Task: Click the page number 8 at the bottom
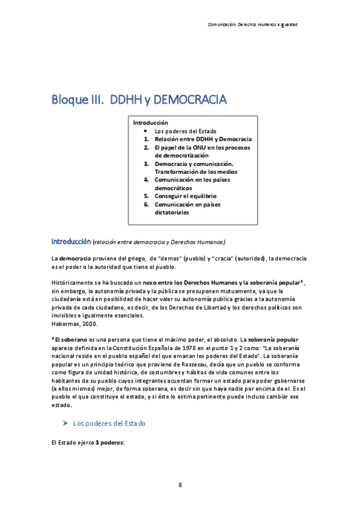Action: tap(180, 485)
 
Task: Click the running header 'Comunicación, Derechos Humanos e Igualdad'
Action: tap(252, 25)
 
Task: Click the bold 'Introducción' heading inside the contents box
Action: tap(150, 122)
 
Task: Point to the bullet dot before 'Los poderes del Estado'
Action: tap(146, 131)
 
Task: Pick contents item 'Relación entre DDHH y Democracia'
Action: tap(203, 139)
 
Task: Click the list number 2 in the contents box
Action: tap(146, 147)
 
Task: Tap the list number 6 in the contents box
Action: tap(146, 204)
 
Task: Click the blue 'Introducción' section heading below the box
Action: tap(71, 241)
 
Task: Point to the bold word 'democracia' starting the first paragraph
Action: tap(75, 258)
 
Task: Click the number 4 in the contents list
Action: tap(146, 180)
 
